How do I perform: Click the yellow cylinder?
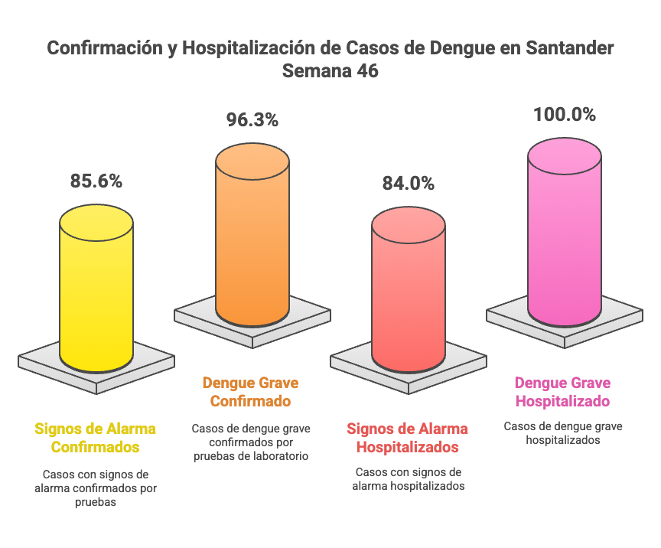[x=96, y=291]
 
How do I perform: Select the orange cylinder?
[x=252, y=237]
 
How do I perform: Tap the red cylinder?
[x=409, y=291]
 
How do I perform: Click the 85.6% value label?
[x=96, y=181]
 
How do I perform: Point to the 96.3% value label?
[x=252, y=120]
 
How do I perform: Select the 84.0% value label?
[x=409, y=184]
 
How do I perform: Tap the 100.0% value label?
[x=565, y=115]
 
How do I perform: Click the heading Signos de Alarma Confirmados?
[x=96, y=437]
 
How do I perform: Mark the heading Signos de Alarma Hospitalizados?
[x=408, y=438]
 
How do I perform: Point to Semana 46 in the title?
[x=330, y=71]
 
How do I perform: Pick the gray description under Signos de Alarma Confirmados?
[x=96, y=488]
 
